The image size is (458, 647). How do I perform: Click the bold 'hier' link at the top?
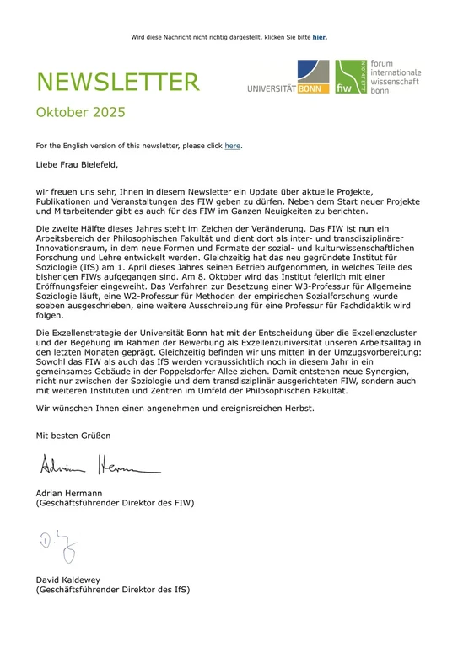click(x=319, y=37)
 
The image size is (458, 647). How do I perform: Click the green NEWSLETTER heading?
click(x=117, y=83)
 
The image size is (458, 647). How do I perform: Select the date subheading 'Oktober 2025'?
click(x=80, y=112)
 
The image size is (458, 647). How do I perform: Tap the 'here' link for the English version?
click(x=232, y=146)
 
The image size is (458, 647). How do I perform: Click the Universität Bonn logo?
click(x=288, y=78)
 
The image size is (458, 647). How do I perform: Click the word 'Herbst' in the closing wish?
click(x=296, y=408)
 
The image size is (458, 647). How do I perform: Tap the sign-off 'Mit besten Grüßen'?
click(x=73, y=436)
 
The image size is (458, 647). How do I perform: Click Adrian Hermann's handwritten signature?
click(x=98, y=463)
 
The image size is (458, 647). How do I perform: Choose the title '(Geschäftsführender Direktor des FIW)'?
click(x=115, y=503)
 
